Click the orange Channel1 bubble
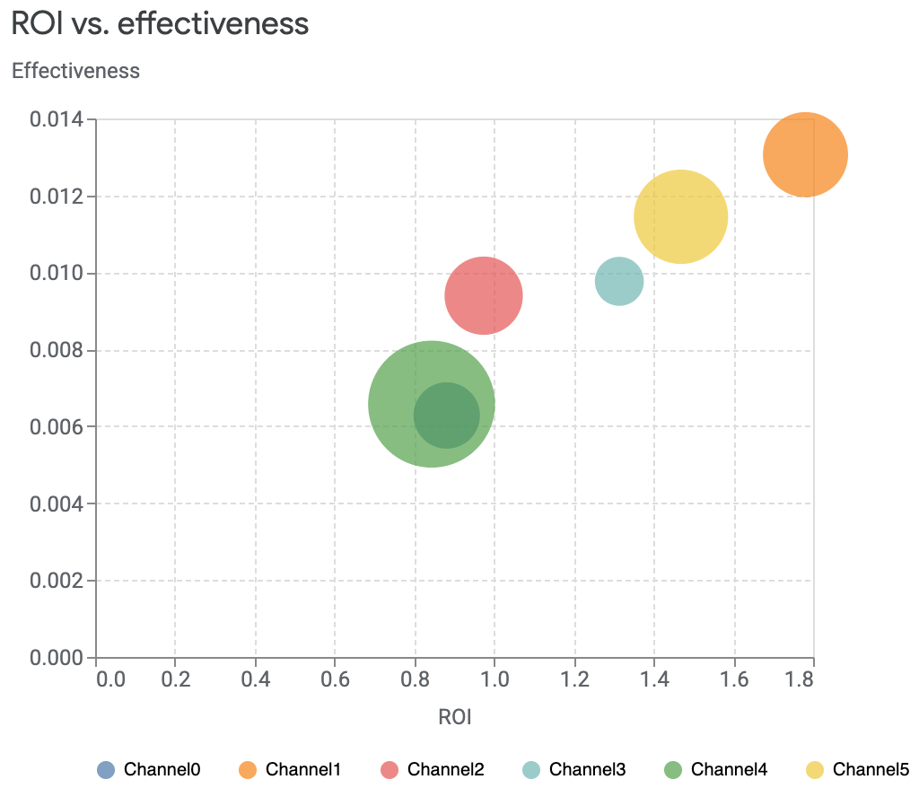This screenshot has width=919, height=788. pos(805,154)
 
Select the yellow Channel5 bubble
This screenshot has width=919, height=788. pos(680,216)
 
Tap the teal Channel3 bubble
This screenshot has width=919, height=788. pos(619,281)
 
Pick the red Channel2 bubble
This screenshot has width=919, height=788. pos(484,295)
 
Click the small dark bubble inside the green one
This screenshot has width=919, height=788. pos(447,415)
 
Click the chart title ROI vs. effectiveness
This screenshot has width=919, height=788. pos(160,24)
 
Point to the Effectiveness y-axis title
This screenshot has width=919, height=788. pos(75,71)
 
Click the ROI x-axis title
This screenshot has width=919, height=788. pos(454,717)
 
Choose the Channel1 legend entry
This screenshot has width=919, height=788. pos(290,769)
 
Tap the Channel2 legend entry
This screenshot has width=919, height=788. pos(432,769)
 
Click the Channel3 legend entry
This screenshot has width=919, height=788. pos(573,769)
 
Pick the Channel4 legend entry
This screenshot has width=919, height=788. pos(715,769)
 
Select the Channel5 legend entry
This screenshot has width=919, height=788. pos(857,769)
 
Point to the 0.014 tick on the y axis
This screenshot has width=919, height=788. pos(57,119)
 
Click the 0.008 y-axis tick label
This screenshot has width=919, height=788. pos(57,350)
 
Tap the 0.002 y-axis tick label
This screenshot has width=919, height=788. pos(57,581)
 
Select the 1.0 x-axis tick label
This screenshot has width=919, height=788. pos(495,679)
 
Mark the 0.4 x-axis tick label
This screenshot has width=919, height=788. pos(256,679)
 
